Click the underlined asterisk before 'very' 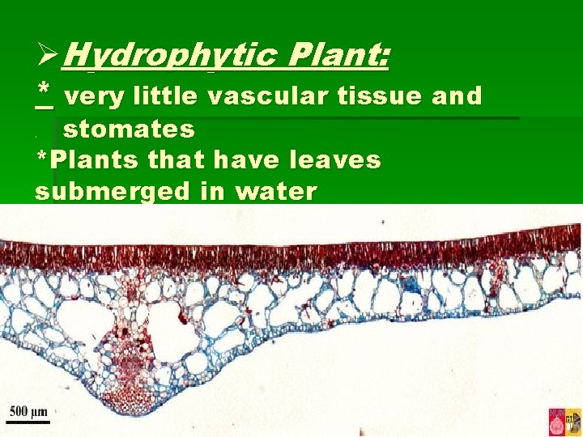[45, 95]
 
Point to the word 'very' [93, 97]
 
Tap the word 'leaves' [340, 160]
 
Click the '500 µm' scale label [28, 411]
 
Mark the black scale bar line [28, 422]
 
